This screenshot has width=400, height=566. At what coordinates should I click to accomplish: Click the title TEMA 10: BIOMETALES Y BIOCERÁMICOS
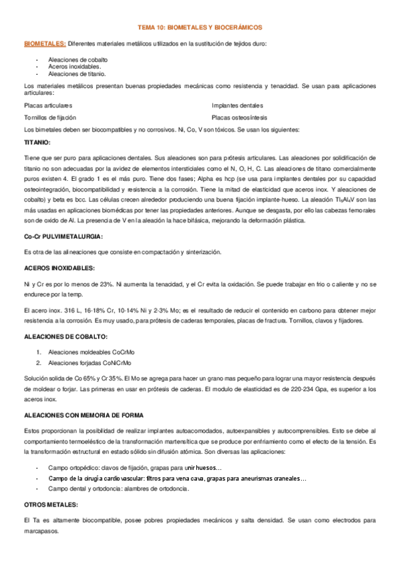[200, 27]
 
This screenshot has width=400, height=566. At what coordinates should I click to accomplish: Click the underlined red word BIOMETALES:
[45, 43]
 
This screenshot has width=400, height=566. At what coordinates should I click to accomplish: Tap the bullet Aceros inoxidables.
[75, 66]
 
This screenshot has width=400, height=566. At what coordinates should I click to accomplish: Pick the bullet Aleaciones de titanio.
[77, 73]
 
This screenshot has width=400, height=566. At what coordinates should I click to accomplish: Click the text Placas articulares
[48, 105]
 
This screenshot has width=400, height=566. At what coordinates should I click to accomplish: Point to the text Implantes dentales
[237, 105]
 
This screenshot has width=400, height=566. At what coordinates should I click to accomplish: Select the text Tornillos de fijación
[50, 117]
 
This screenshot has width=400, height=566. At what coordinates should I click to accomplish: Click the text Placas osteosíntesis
[240, 117]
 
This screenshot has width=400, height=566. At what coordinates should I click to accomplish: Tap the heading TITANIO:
[37, 142]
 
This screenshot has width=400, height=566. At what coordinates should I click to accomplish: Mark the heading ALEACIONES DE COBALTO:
[65, 337]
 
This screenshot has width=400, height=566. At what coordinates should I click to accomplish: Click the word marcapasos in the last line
[41, 531]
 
